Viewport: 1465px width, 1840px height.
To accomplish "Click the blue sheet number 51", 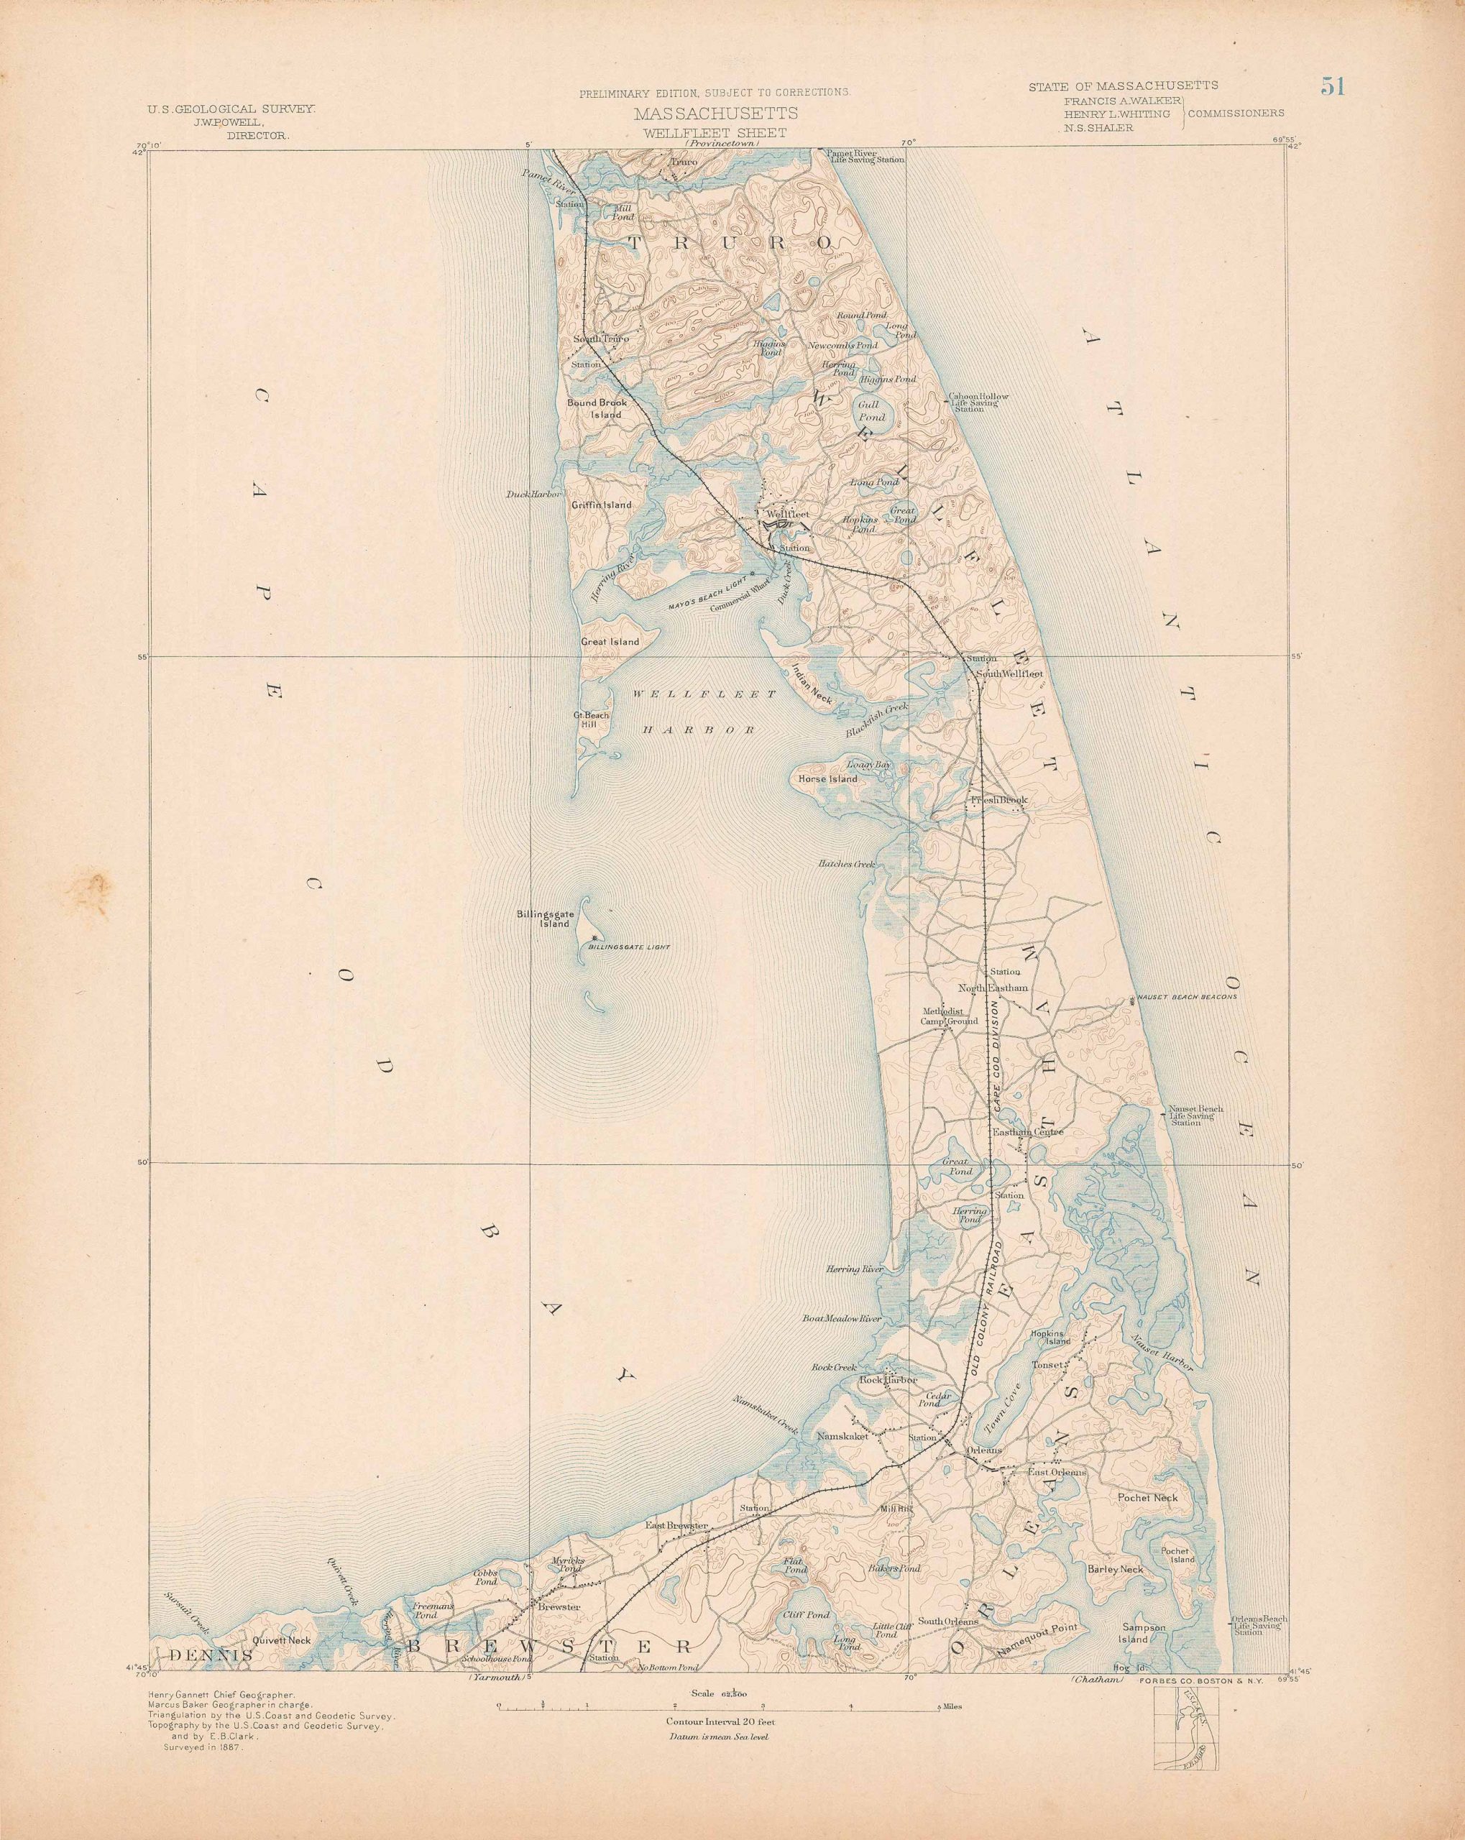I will click(x=1333, y=86).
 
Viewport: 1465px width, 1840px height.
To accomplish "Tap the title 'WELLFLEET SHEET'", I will click(x=715, y=133).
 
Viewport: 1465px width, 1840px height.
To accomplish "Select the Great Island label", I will click(x=610, y=641).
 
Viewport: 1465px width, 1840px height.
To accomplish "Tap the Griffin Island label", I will click(x=602, y=505).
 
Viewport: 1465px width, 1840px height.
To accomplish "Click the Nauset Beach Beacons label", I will click(x=1188, y=996).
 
